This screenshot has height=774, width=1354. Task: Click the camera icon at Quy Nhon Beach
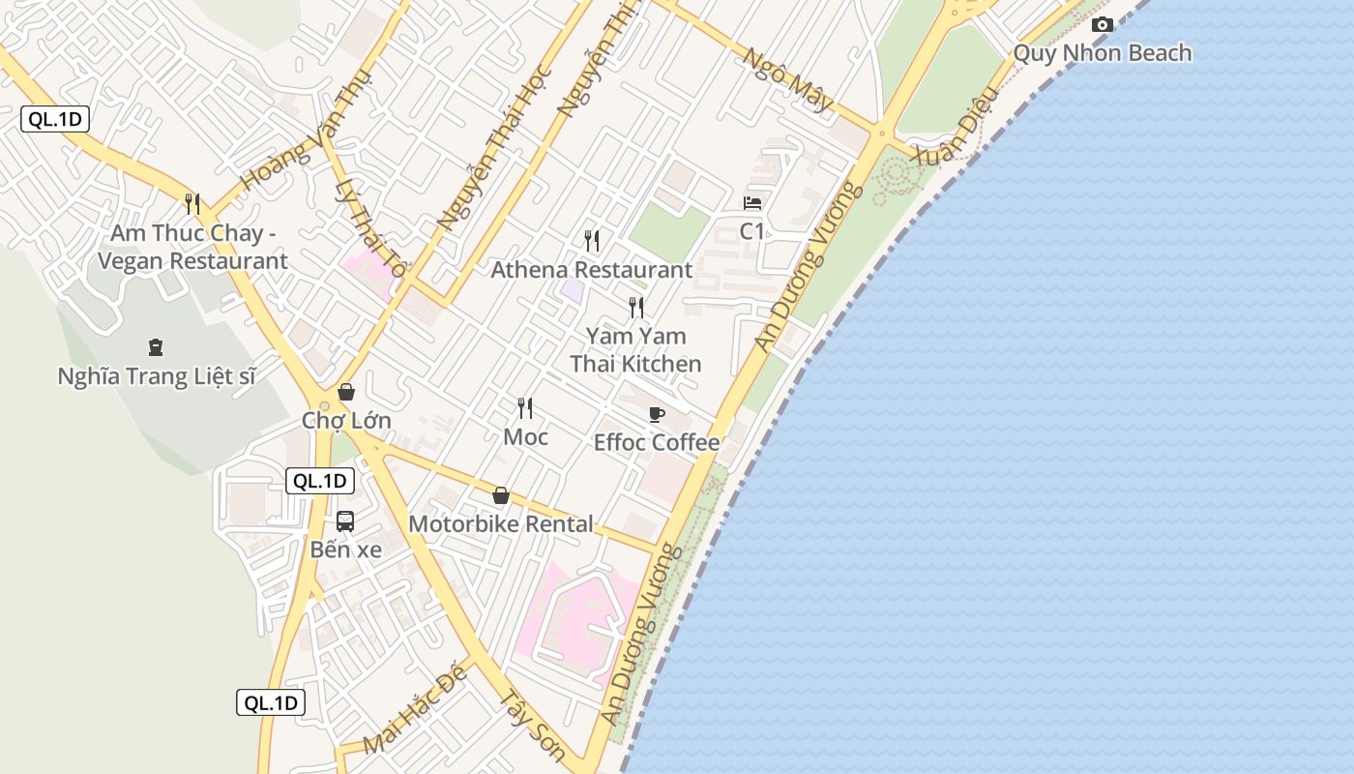pos(1102,25)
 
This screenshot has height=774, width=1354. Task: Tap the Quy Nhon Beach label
pos(1102,53)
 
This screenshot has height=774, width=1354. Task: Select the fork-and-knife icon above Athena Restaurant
pos(592,240)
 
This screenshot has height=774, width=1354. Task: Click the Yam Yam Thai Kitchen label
pos(635,350)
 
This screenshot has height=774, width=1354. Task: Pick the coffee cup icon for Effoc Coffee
pos(657,415)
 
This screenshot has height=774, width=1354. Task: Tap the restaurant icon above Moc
pos(525,408)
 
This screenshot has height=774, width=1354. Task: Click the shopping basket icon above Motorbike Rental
pos(501,495)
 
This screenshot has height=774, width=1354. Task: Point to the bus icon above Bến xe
pos(345,521)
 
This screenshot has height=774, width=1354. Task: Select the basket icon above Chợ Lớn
pos(346,392)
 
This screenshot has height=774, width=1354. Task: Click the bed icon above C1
pos(752,203)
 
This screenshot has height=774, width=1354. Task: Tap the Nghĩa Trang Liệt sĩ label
pos(157,376)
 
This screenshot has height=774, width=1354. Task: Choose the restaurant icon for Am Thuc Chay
pos(192,204)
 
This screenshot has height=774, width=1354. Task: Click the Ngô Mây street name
pos(785,79)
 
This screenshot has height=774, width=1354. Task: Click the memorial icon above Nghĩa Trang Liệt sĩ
pos(155,346)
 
